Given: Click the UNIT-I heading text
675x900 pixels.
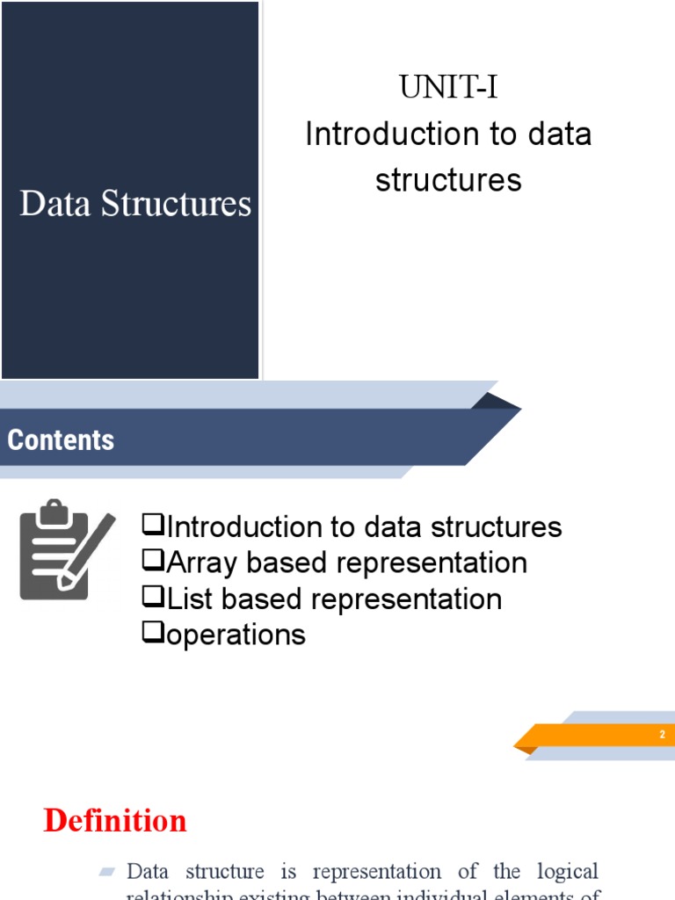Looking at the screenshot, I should point(448,88).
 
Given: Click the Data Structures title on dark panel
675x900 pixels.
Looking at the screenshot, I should point(135,204).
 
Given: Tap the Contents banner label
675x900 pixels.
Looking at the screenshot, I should point(61,439).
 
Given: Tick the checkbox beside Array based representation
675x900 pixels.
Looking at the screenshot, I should point(153,562).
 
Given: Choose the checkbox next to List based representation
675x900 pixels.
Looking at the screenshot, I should point(153,598).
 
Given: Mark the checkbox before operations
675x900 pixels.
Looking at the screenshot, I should point(153,633).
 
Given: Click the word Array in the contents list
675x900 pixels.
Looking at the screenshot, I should point(201,562).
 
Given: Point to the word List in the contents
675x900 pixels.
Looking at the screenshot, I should point(191,599).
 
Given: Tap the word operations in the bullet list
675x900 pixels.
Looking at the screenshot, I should point(236,635).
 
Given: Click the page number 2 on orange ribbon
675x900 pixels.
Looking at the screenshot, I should point(663,735).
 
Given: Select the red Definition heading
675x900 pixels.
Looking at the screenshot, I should point(115,821).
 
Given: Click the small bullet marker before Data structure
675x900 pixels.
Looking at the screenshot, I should point(107,872).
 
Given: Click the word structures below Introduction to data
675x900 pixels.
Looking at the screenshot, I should point(448,180).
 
